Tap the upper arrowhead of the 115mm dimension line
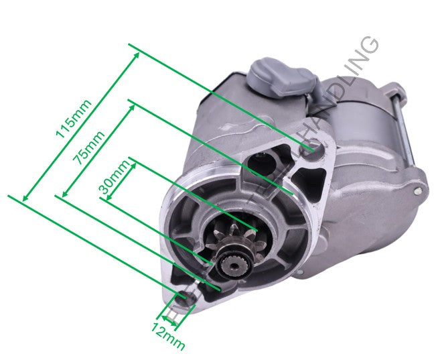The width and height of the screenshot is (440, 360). click(137, 54)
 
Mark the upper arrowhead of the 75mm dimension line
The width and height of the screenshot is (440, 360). click(132, 108)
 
